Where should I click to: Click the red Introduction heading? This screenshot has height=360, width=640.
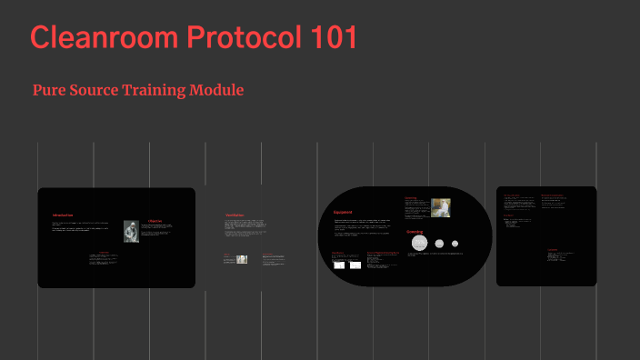point(62,215)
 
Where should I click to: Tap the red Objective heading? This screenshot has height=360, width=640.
point(155,220)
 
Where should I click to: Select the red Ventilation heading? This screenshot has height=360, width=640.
point(235,215)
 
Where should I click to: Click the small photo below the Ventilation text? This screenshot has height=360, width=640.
point(242,259)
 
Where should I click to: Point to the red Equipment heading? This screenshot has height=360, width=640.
point(343,213)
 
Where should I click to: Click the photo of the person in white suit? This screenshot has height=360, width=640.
point(441,207)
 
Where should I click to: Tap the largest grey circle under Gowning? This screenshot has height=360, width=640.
point(419,242)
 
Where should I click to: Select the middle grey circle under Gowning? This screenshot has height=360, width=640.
point(439,243)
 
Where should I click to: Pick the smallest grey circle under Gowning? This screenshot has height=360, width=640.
point(454,243)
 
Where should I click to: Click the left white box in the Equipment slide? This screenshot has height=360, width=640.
point(337,265)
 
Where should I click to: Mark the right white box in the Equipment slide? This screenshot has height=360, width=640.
point(355,265)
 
